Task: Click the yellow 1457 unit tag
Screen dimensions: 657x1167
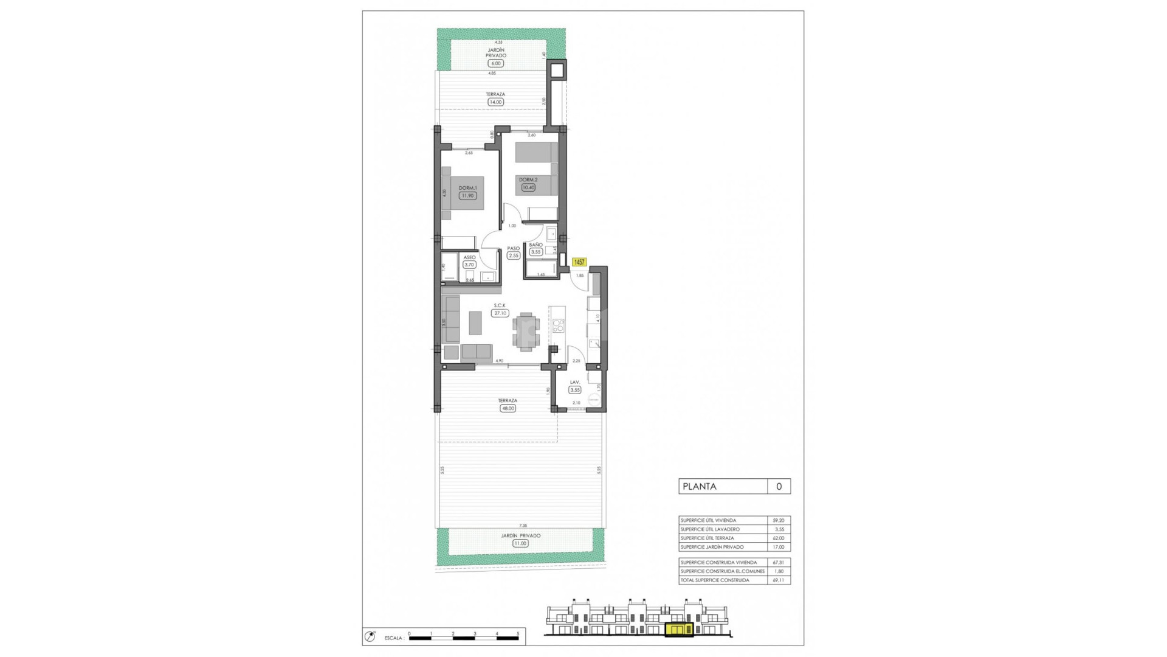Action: coord(579,262)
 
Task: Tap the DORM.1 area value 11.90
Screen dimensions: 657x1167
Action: coord(467,196)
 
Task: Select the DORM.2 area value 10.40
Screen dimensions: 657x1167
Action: coord(528,187)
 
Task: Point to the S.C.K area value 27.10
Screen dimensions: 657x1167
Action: coord(500,313)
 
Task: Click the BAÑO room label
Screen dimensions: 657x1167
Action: coord(535,245)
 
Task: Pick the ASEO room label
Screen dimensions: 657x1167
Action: coord(469,257)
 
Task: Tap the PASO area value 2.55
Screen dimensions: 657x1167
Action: coord(514,255)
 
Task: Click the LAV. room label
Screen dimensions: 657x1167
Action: coord(574,382)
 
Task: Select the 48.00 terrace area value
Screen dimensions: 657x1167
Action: coord(508,408)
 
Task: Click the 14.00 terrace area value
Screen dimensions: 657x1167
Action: coord(495,102)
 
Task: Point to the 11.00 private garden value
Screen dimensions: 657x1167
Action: coord(520,543)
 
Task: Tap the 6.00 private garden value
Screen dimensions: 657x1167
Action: coord(495,63)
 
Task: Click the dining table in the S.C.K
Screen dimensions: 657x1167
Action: coord(525,332)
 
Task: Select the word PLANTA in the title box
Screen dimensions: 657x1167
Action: coord(699,486)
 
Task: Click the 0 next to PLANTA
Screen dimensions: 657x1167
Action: coord(779,486)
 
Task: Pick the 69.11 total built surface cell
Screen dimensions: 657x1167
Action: coord(778,580)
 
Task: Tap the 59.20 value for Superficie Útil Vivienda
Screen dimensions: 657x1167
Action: coord(778,521)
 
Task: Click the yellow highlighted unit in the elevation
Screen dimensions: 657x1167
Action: coord(679,629)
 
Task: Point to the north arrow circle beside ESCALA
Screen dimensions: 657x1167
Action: coord(370,636)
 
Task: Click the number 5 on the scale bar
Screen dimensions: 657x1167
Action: coord(518,633)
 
